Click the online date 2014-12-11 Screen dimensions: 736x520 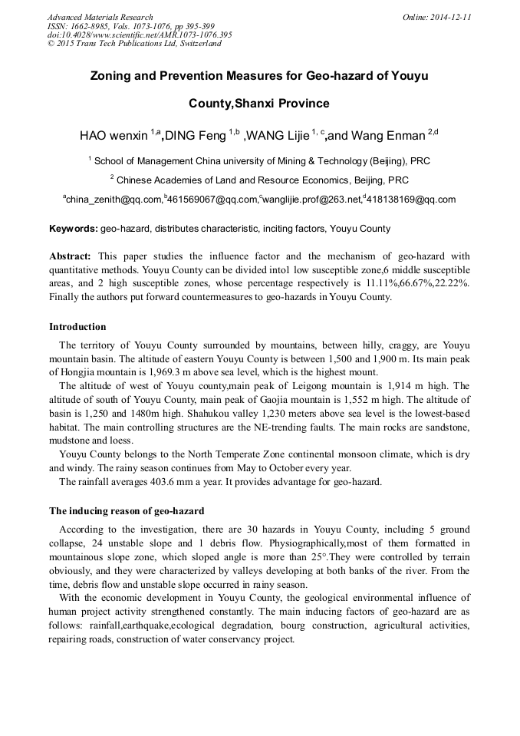point(449,17)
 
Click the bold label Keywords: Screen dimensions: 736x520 point(73,229)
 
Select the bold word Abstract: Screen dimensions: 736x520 point(70,256)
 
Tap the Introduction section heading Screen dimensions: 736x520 point(77,327)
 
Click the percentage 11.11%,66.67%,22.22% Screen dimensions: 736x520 point(416,284)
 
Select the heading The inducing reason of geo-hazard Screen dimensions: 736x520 point(127,510)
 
